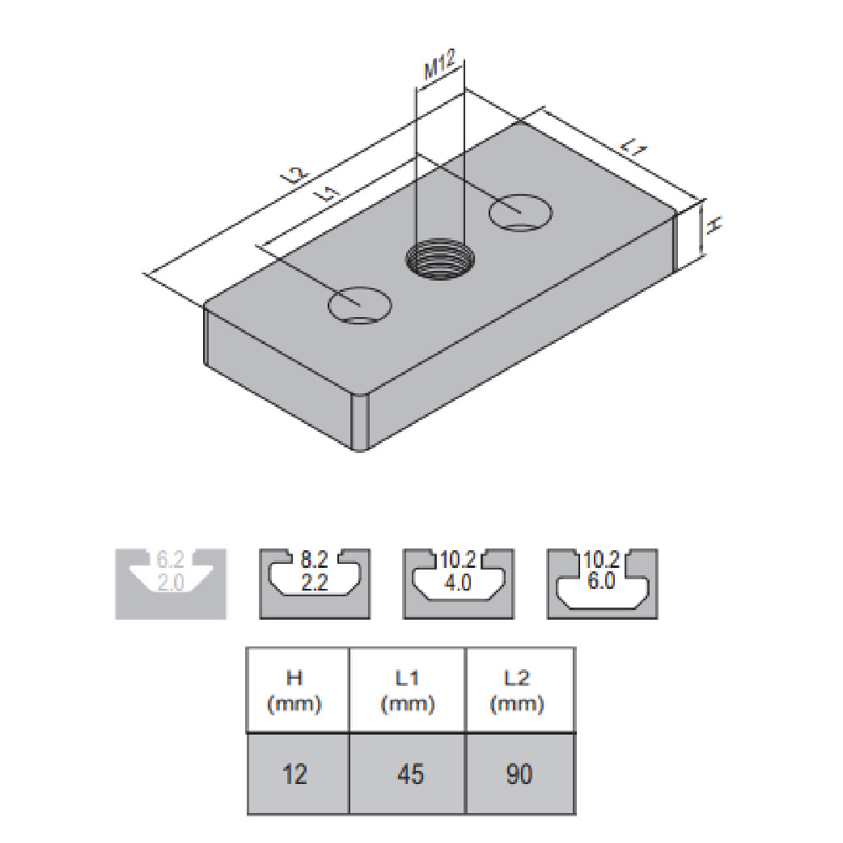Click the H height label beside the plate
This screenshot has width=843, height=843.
(712, 227)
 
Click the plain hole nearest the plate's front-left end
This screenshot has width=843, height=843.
(359, 305)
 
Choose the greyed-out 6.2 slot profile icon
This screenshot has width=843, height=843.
(171, 583)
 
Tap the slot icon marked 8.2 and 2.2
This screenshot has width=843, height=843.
(314, 583)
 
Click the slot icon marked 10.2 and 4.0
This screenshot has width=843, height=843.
(458, 583)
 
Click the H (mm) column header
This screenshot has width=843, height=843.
(296, 690)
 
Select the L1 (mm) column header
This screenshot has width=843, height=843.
(407, 690)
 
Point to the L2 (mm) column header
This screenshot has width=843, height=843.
(519, 690)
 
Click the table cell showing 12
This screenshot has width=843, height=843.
(296, 774)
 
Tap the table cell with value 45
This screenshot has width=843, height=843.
(407, 774)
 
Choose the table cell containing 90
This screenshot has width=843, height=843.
(519, 774)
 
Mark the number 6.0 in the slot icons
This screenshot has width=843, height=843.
(601, 582)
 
